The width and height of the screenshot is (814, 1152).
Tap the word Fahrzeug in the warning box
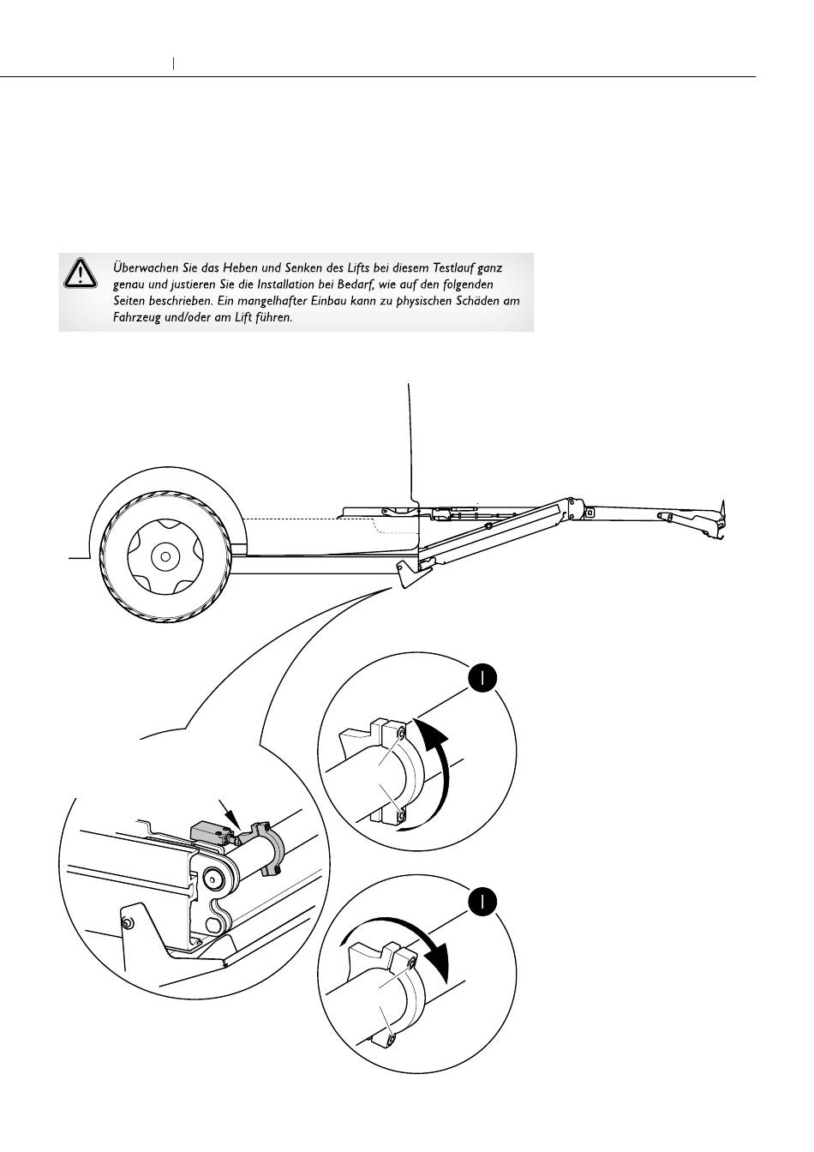[138, 317]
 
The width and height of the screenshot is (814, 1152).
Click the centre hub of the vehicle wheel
[161, 556]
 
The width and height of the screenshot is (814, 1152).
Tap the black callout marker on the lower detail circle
[483, 902]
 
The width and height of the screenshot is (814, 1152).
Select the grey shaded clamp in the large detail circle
[269, 849]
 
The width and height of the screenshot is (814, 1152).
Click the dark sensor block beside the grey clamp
[210, 831]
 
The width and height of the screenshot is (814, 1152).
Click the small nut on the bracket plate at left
[126, 923]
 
